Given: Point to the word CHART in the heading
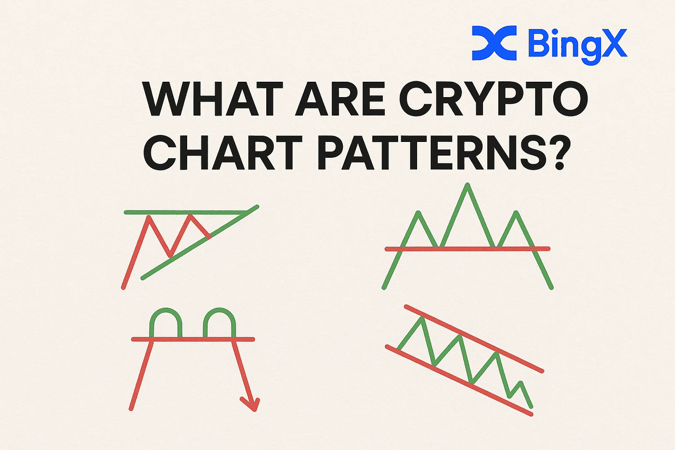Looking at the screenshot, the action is (x=223, y=152).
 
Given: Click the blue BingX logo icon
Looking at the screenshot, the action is (x=494, y=43).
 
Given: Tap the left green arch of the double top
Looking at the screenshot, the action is (x=166, y=310).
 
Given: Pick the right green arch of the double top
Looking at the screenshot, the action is (x=219, y=310).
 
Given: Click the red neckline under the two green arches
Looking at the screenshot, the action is (x=193, y=339).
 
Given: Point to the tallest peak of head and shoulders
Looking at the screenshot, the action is (x=467, y=185).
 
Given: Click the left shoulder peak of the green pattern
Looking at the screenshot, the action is (x=419, y=213).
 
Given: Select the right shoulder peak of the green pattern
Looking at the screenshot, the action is (x=516, y=213).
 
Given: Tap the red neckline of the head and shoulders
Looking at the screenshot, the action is (x=468, y=248).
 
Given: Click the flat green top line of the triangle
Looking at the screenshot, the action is (x=186, y=213).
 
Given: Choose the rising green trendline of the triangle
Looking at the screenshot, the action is (x=200, y=242).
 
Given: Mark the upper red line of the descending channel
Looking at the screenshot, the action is (x=474, y=339).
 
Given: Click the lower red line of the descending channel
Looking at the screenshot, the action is (x=459, y=380).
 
